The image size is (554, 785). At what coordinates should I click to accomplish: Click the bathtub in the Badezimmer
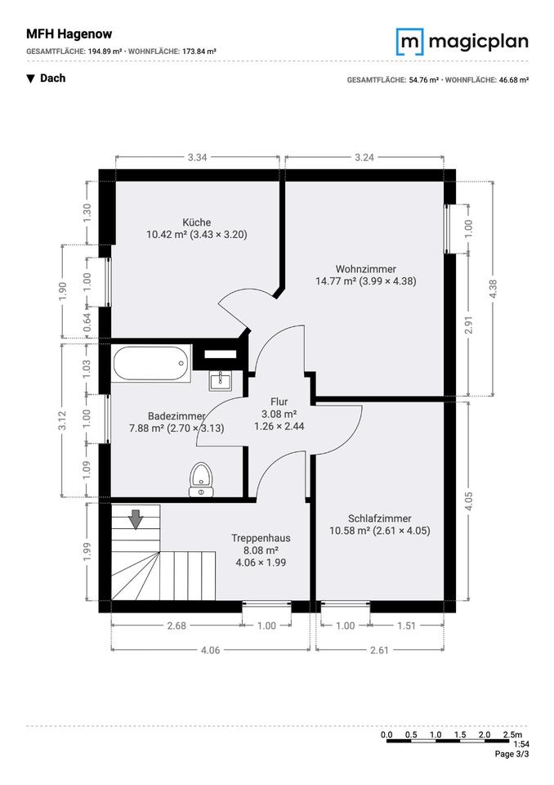coord(152,363)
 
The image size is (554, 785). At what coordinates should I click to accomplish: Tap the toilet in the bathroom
coord(201,480)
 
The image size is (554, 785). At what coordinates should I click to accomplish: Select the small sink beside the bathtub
coord(220,382)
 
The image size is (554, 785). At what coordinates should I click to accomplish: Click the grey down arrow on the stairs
coord(136,519)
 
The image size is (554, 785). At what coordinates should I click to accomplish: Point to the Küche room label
coord(197,222)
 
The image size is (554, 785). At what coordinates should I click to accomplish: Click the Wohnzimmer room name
coord(366,269)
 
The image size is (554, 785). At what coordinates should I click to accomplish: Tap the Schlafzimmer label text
coord(380,518)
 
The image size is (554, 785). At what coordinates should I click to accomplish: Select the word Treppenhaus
coord(261,538)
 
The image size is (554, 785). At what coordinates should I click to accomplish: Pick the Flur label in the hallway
coord(279,401)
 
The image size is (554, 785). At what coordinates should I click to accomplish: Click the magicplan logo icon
coord(410,42)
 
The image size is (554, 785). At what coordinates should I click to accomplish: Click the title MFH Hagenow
coord(69,34)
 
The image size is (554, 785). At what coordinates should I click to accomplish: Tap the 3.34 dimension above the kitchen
coord(197,157)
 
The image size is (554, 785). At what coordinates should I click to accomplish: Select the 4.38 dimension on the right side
coord(493,289)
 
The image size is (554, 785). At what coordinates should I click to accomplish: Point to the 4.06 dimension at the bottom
coord(210,650)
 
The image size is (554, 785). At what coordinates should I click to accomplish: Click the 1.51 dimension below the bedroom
coord(406,626)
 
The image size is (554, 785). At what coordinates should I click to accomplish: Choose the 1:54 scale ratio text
coord(521,744)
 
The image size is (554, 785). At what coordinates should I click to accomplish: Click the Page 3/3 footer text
coord(512,754)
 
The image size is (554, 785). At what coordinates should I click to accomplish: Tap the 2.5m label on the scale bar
coord(512,735)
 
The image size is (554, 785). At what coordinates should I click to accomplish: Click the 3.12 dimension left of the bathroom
coord(62,421)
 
